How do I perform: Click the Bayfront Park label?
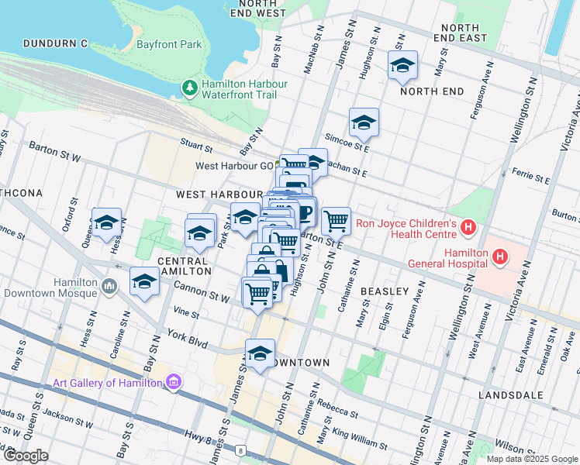(169, 45)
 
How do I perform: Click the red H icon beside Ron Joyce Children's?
(468, 227)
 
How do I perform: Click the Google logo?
(25, 456)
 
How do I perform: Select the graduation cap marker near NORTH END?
(402, 66)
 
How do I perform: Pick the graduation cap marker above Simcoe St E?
(364, 122)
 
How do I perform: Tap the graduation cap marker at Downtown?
(260, 353)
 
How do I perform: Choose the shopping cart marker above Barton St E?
(336, 221)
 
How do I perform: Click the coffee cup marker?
(302, 212)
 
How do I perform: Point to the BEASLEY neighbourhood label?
(384, 291)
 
